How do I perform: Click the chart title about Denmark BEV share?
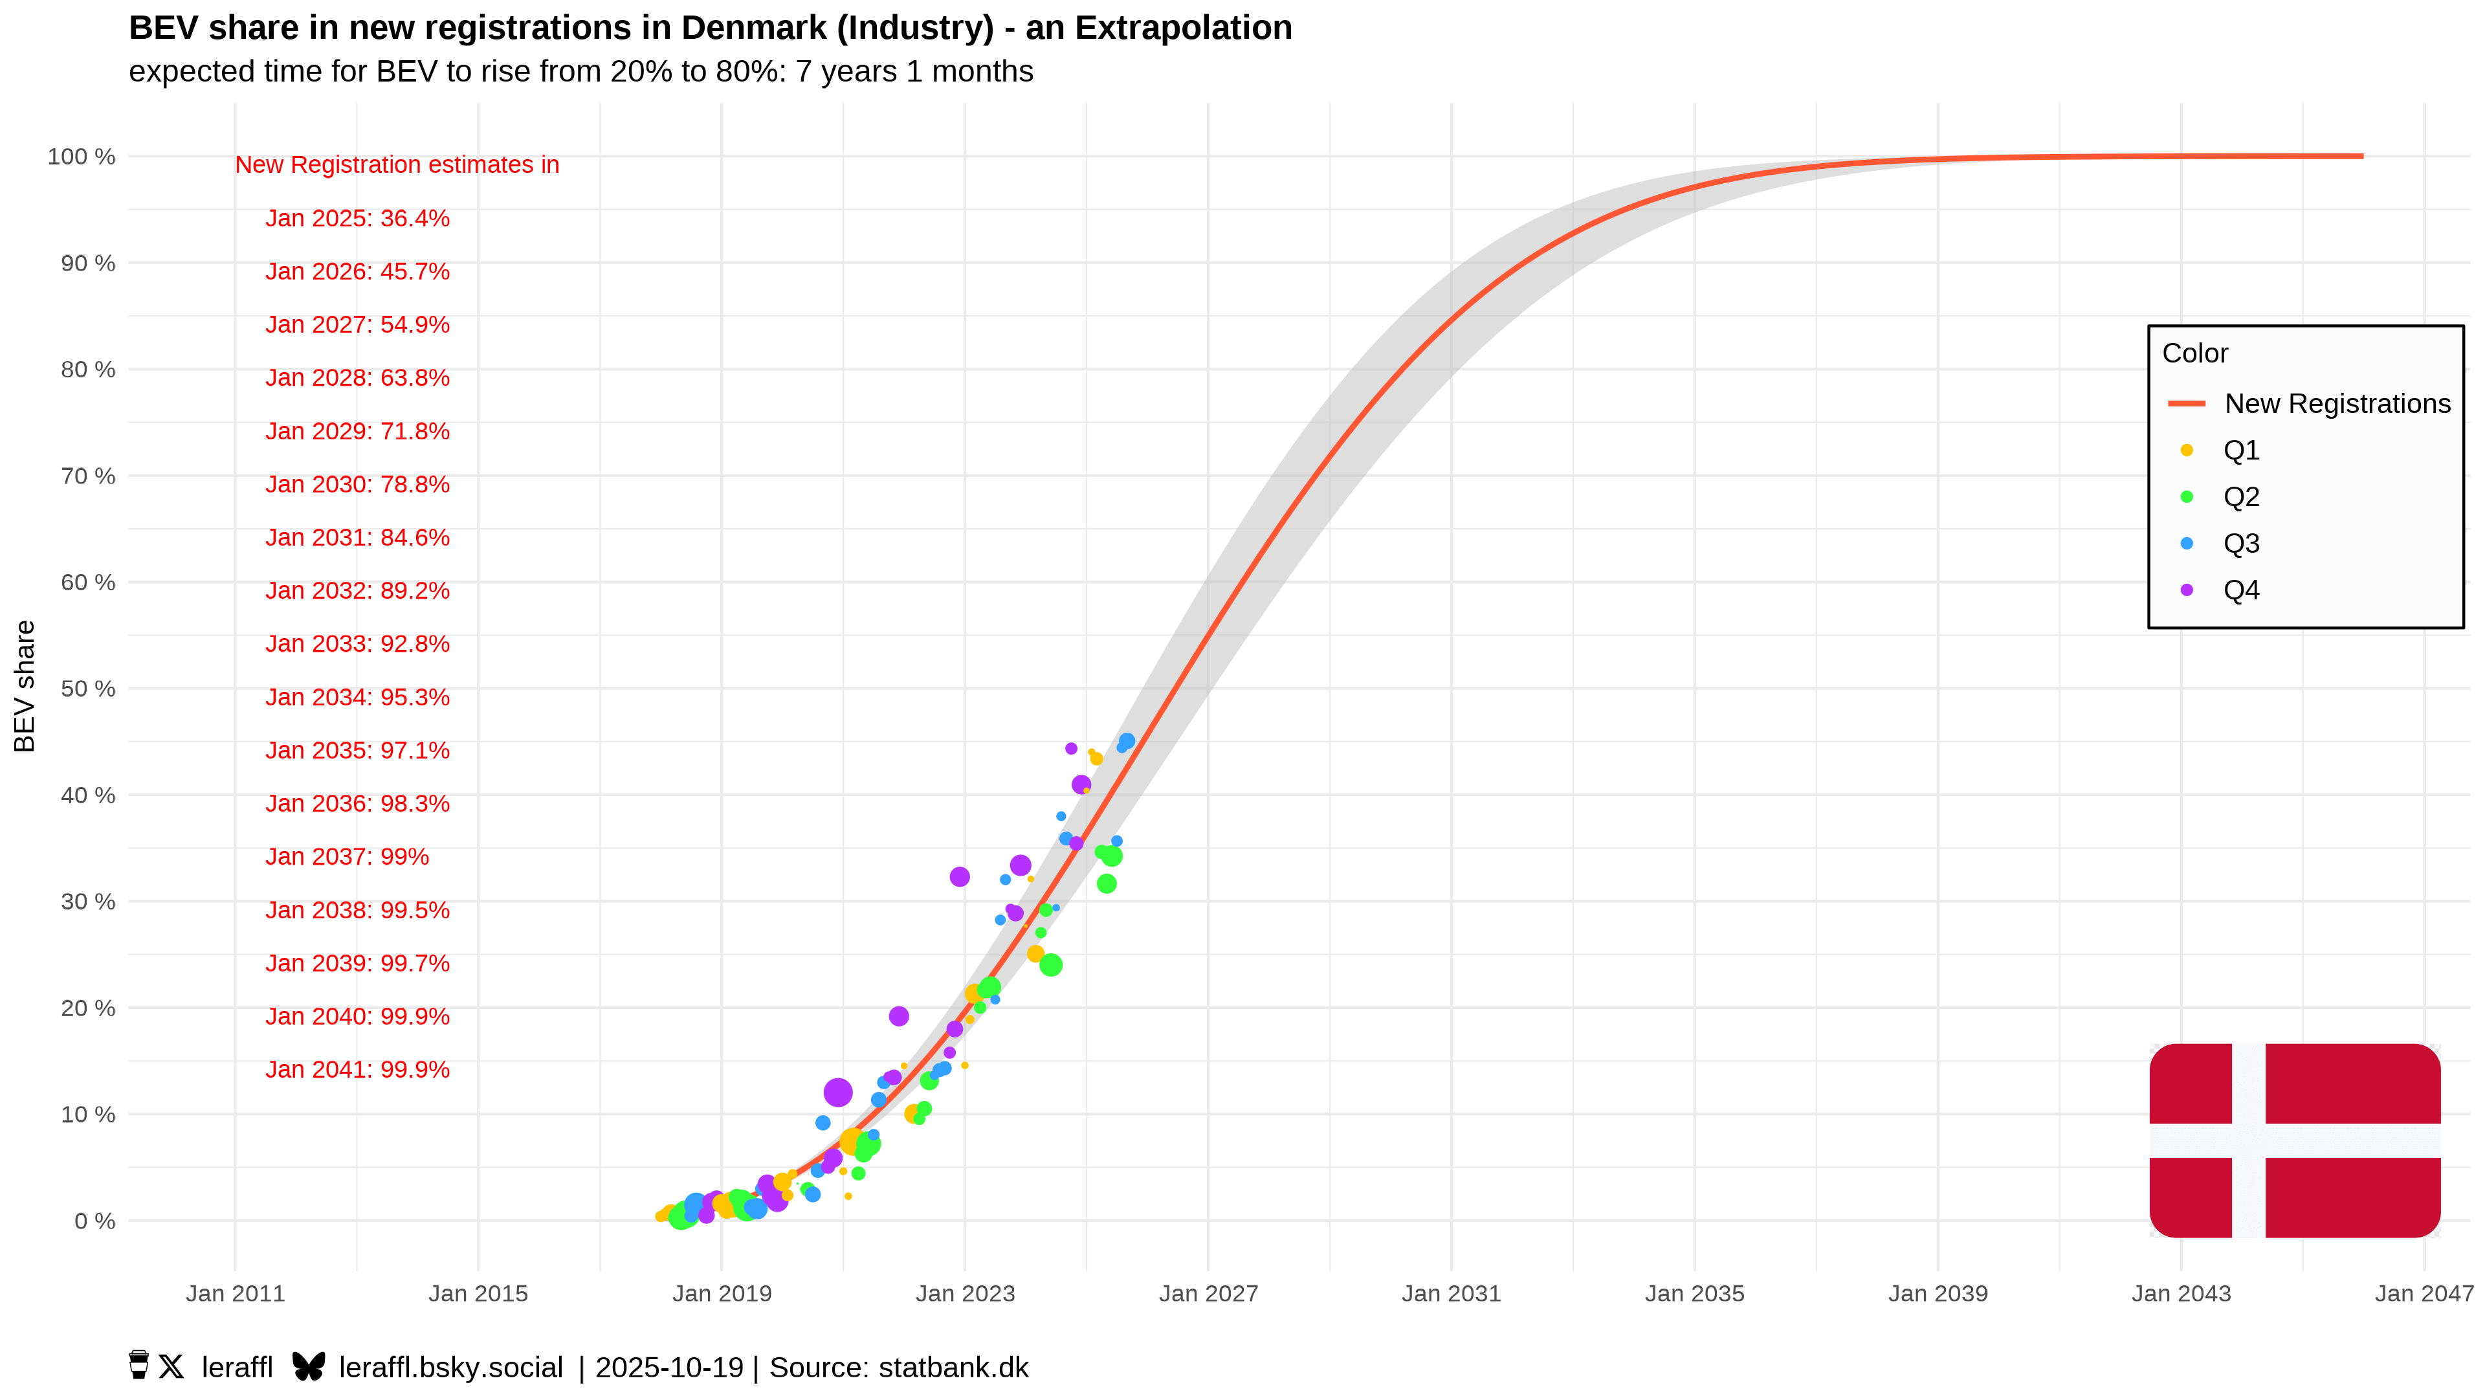pos(710,28)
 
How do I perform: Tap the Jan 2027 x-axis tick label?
pos(1208,1293)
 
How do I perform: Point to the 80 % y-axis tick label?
pos(88,370)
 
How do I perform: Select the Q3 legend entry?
pos(2240,543)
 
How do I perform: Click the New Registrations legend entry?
pos(2336,403)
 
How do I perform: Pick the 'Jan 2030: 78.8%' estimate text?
pos(357,484)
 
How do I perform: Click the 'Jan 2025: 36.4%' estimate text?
pos(357,218)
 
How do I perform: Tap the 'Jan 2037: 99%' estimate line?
pos(346,857)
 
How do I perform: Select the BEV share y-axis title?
pos(24,686)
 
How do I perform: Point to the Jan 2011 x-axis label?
pos(236,1293)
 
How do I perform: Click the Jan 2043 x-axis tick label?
pos(2180,1293)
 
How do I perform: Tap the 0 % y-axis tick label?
pos(94,1221)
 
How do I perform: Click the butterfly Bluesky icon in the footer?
pos(309,1367)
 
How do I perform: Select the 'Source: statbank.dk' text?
pos(899,1367)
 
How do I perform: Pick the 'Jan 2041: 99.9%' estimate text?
pos(357,1070)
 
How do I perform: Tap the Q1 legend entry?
pos(2240,450)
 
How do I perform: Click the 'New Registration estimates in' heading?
pos(397,165)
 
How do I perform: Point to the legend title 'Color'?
pos(2194,353)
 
